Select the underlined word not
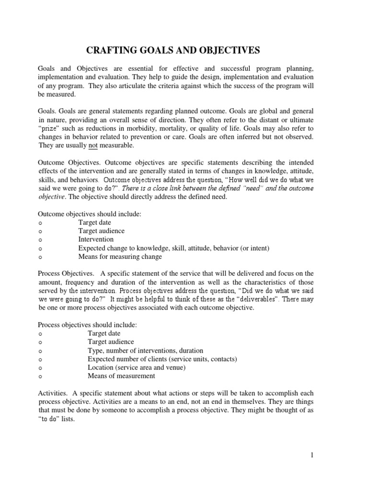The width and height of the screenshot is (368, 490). click(x=93, y=145)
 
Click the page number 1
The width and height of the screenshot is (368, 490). click(x=312, y=455)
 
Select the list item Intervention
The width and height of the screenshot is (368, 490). click(x=96, y=239)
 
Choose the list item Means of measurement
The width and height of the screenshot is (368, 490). click(x=121, y=376)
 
